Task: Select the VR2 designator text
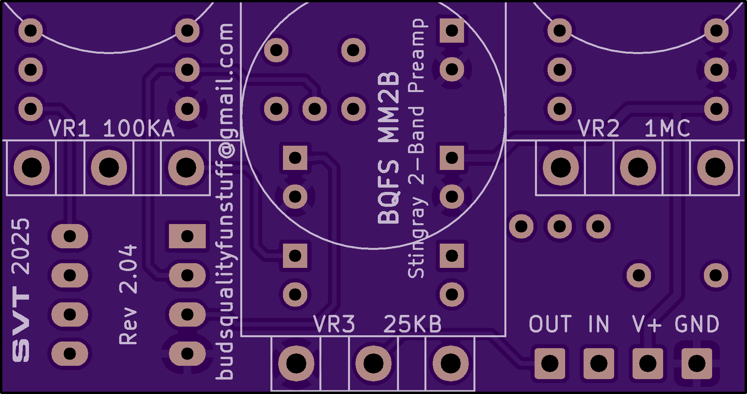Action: point(598,128)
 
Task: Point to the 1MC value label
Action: point(667,128)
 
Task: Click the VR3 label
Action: point(334,324)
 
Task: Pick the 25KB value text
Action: point(412,324)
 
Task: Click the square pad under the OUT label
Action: point(549,363)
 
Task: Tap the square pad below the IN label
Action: point(598,363)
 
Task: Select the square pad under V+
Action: point(647,363)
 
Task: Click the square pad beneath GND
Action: point(696,363)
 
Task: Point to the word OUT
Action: point(550,324)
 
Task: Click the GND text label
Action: point(697,324)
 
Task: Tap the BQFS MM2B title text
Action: point(389,148)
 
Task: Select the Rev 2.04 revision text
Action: point(128,295)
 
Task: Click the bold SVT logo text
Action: point(21,324)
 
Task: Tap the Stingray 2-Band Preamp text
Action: point(416,148)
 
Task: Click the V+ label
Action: point(647,324)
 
